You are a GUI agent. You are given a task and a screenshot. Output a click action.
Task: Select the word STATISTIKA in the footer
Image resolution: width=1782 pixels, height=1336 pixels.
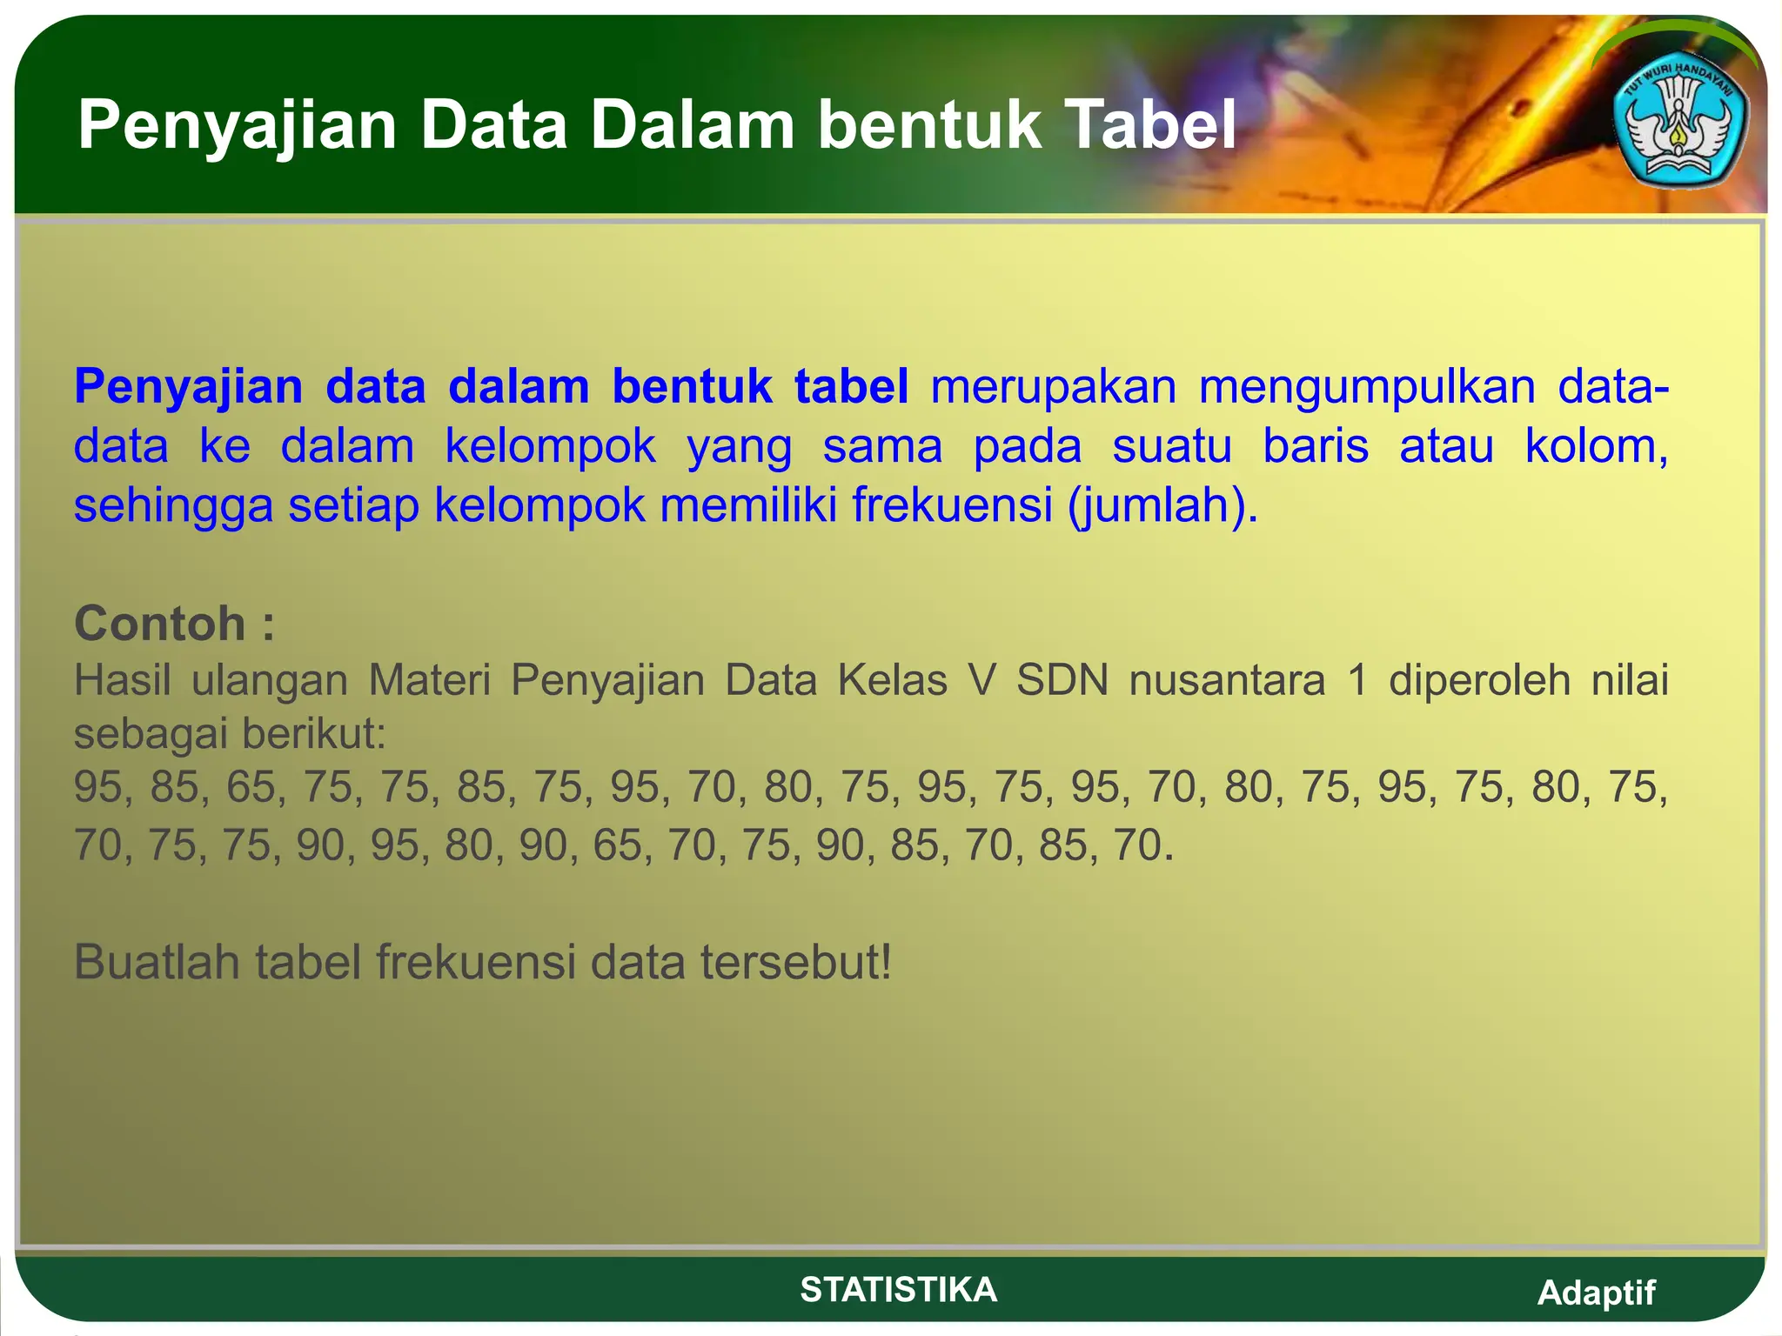coord(898,1289)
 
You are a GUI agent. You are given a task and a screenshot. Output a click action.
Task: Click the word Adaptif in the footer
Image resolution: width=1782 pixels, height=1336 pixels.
coord(1596,1293)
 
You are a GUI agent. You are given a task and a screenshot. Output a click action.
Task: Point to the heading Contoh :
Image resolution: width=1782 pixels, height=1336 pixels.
coord(174,624)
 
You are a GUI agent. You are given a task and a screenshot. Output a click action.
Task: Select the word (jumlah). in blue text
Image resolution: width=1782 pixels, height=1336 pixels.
coord(1163,506)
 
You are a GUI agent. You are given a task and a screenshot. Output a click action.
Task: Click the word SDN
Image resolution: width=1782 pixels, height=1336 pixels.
coord(1062,679)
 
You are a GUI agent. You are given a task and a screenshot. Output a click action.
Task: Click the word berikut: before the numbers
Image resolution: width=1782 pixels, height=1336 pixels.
coord(314,734)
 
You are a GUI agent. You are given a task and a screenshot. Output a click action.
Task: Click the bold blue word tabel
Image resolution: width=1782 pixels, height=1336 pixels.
coord(851,386)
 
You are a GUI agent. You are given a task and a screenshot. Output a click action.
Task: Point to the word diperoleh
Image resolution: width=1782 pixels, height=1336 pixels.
coord(1478,679)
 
